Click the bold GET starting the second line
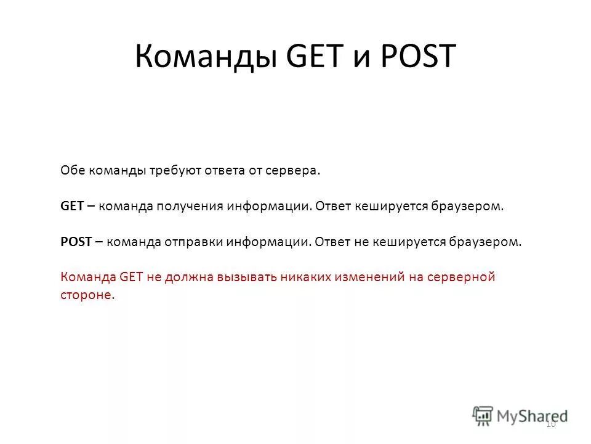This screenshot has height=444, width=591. click(x=72, y=207)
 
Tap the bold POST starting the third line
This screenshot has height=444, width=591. click(x=76, y=242)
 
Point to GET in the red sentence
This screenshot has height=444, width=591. click(x=131, y=277)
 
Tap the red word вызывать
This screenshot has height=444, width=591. click(x=246, y=277)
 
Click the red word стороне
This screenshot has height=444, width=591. click(x=86, y=295)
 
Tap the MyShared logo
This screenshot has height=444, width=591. click(x=521, y=414)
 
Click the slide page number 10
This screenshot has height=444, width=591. click(x=551, y=424)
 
